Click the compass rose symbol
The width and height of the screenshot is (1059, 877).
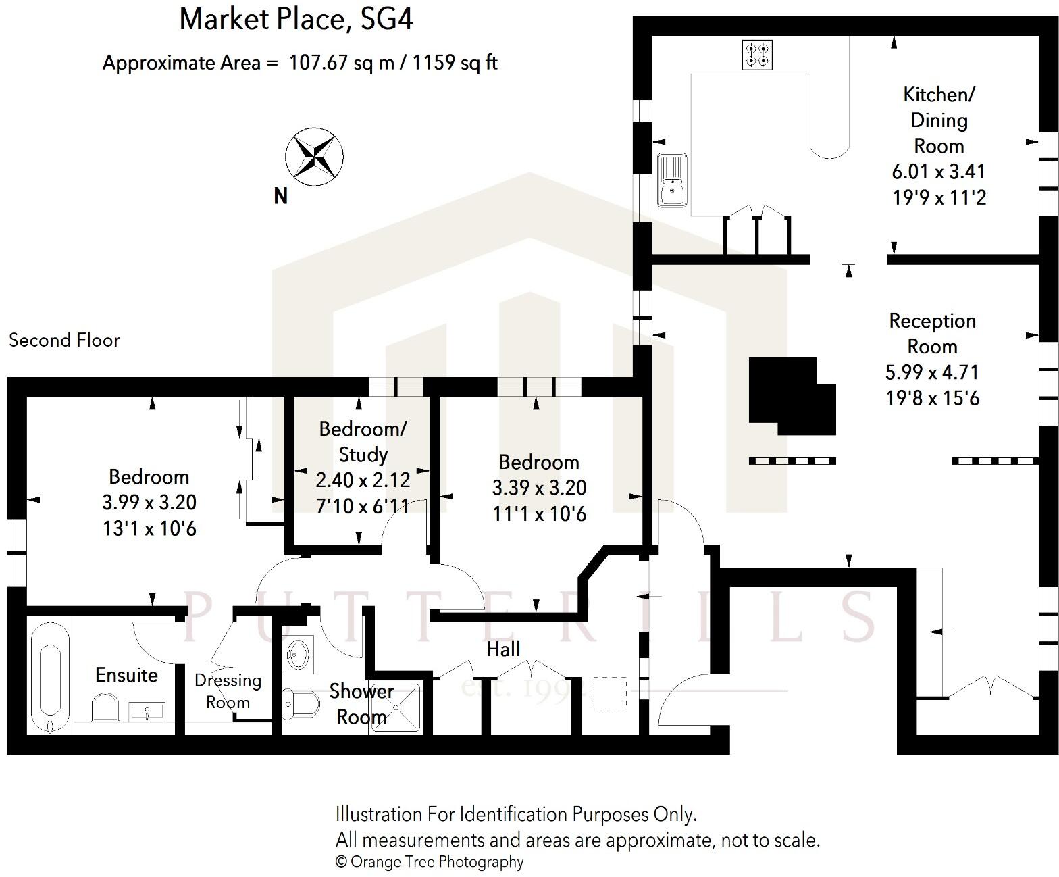pos(314,156)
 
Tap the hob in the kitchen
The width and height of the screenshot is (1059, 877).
pos(757,55)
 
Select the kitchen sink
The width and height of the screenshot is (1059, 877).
pos(672,180)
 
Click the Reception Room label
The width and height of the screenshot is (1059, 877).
pos(932,333)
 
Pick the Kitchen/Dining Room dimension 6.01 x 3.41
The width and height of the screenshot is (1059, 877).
pos(938,172)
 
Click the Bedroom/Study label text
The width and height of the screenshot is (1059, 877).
pos(363,441)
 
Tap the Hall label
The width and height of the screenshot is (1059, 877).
pos(503,649)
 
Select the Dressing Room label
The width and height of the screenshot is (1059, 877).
pos(228,691)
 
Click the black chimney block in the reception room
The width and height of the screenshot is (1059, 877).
pos(790,395)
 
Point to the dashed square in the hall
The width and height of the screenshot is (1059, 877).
pos(610,693)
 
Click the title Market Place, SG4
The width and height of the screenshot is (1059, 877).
pos(296,19)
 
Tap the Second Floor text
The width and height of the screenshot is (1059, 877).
pos(64,340)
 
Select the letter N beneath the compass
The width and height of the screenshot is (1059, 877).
pos(280,196)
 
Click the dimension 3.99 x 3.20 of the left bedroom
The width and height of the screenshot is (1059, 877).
pos(149,503)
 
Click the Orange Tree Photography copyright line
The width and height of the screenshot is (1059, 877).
pos(430,861)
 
